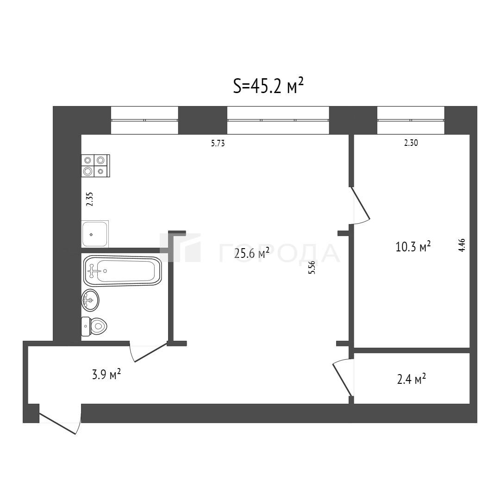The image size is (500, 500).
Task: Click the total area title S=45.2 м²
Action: pyautogui.click(x=268, y=86)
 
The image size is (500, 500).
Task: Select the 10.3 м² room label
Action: pyautogui.click(x=413, y=246)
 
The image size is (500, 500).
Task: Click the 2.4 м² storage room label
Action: pyautogui.click(x=412, y=379)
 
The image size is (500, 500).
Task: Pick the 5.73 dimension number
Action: pyautogui.click(x=218, y=144)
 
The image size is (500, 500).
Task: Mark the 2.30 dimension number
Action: pyautogui.click(x=411, y=143)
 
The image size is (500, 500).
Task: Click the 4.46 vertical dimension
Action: pyautogui.click(x=462, y=245)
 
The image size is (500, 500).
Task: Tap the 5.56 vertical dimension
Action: pyautogui.click(x=312, y=268)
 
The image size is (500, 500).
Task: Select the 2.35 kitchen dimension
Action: pyautogui.click(x=90, y=199)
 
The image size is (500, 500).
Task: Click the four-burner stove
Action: pyautogui.click(x=96, y=165)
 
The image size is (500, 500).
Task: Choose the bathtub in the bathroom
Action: pyautogui.click(x=122, y=271)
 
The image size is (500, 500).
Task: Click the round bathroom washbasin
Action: pyautogui.click(x=90, y=300)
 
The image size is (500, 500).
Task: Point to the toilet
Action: pyautogui.click(x=94, y=326)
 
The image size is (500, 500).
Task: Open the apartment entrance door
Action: pyautogui.click(x=59, y=423)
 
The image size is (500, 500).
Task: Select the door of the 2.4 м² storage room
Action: pyautogui.click(x=343, y=377)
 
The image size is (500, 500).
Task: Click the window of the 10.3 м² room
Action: pyautogui.click(x=411, y=120)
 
